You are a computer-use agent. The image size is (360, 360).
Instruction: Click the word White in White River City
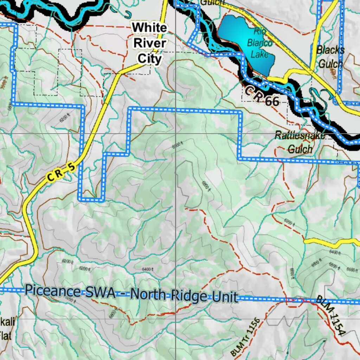(149, 27)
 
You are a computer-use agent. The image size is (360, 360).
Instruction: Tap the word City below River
(149, 58)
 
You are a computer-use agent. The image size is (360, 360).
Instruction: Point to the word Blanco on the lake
(259, 43)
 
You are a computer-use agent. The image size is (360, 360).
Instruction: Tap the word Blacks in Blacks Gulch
(330, 50)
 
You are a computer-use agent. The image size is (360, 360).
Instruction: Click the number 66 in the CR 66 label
(272, 101)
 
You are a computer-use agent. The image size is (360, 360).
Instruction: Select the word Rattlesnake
(300, 135)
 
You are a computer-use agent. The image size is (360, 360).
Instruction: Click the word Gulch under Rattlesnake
(300, 149)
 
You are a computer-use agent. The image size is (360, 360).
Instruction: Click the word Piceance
(53, 291)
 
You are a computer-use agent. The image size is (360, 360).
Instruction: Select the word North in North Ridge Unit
(147, 295)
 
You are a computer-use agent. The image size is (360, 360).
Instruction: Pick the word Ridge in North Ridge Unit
(187, 296)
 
